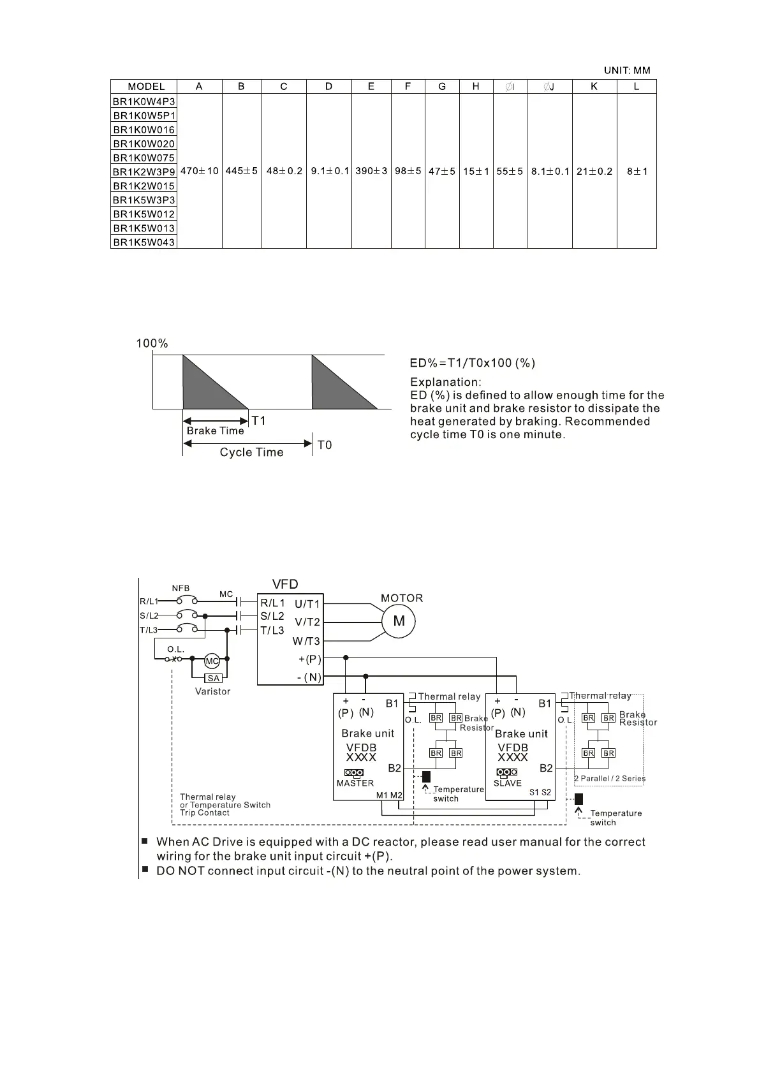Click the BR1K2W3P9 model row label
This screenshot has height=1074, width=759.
144,172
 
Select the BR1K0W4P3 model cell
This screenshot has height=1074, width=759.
144,101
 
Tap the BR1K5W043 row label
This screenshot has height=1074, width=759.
144,242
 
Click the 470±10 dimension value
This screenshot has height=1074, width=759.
200,171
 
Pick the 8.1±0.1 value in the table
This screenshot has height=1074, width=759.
550,171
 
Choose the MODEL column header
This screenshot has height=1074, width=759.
146,87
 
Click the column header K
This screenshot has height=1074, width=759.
594,87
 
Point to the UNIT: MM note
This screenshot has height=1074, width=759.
627,71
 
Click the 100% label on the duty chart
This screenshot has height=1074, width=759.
152,344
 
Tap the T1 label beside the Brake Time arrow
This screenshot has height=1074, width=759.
258,421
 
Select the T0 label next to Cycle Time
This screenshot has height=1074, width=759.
325,445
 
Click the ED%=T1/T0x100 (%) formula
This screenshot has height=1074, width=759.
472,364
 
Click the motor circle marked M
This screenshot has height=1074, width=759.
399,621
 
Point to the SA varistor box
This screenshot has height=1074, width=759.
213,679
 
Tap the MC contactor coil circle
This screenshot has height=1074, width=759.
212,661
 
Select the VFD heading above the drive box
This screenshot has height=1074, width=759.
285,584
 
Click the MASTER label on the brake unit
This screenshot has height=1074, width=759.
355,783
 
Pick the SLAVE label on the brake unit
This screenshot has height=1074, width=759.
508,783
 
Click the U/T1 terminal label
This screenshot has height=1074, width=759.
307,604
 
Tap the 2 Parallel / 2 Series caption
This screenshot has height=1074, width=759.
610,779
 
